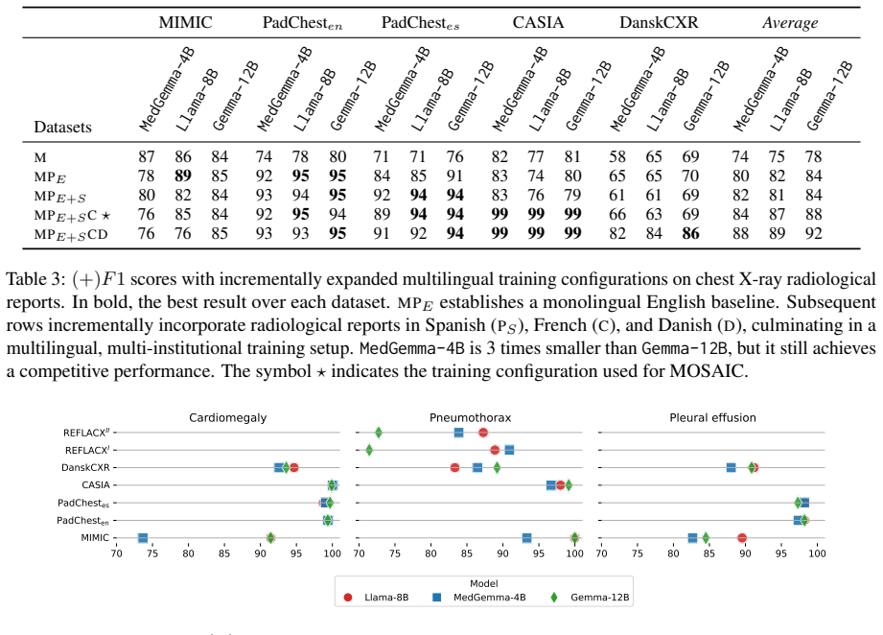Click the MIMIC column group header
coord(185,22)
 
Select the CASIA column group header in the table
coord(538,22)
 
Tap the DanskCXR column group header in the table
coord(659,22)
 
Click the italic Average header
coord(790,23)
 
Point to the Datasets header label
coord(62,127)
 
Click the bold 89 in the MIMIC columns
coord(183,176)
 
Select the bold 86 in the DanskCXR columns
coord(690,233)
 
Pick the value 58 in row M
coord(617,156)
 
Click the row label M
coord(40,157)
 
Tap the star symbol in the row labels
coord(105,215)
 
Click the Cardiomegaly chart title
coord(227,418)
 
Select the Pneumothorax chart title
coord(470,417)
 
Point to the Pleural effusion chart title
coord(712,417)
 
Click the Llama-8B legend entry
coord(376,598)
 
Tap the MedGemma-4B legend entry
coord(479,598)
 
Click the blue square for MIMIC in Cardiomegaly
coord(143,538)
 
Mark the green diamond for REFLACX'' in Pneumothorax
coord(379,433)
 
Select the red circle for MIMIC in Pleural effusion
coord(742,538)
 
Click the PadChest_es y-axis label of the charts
coord(83,504)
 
